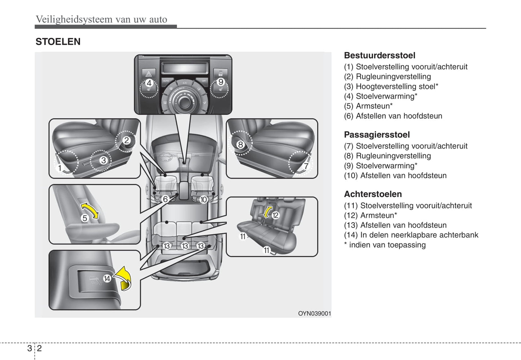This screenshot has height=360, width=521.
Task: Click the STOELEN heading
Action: pyautogui.click(x=58, y=42)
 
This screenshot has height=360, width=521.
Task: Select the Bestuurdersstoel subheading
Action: pyautogui.click(x=379, y=56)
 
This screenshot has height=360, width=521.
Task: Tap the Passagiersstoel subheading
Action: pyautogui.click(x=376, y=135)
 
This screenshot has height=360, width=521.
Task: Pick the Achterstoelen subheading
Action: pyautogui.click(x=372, y=194)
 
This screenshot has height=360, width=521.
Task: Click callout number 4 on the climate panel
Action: pyautogui.click(x=149, y=83)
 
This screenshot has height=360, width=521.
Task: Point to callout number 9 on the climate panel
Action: pyautogui.click(x=221, y=82)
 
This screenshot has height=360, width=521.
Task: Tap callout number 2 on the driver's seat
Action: pyautogui.click(x=127, y=140)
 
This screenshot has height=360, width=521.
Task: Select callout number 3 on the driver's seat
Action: pyautogui.click(x=103, y=160)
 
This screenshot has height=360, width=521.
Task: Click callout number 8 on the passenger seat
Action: pyautogui.click(x=240, y=145)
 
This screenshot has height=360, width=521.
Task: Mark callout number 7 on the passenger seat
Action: pyautogui.click(x=306, y=166)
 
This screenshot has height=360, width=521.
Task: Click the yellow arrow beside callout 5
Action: pyautogui.click(x=89, y=211)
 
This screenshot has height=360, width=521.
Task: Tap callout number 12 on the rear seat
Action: pyautogui.click(x=275, y=215)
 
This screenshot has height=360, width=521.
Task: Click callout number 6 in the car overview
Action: pyautogui.click(x=165, y=199)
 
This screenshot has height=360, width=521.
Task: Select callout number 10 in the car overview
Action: pyautogui.click(x=203, y=199)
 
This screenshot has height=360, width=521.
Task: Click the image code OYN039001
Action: pyautogui.click(x=314, y=313)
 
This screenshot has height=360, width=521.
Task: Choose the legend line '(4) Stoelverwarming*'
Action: pyautogui.click(x=380, y=96)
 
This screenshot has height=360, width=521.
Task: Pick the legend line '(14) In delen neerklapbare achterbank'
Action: pyautogui.click(x=411, y=235)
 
